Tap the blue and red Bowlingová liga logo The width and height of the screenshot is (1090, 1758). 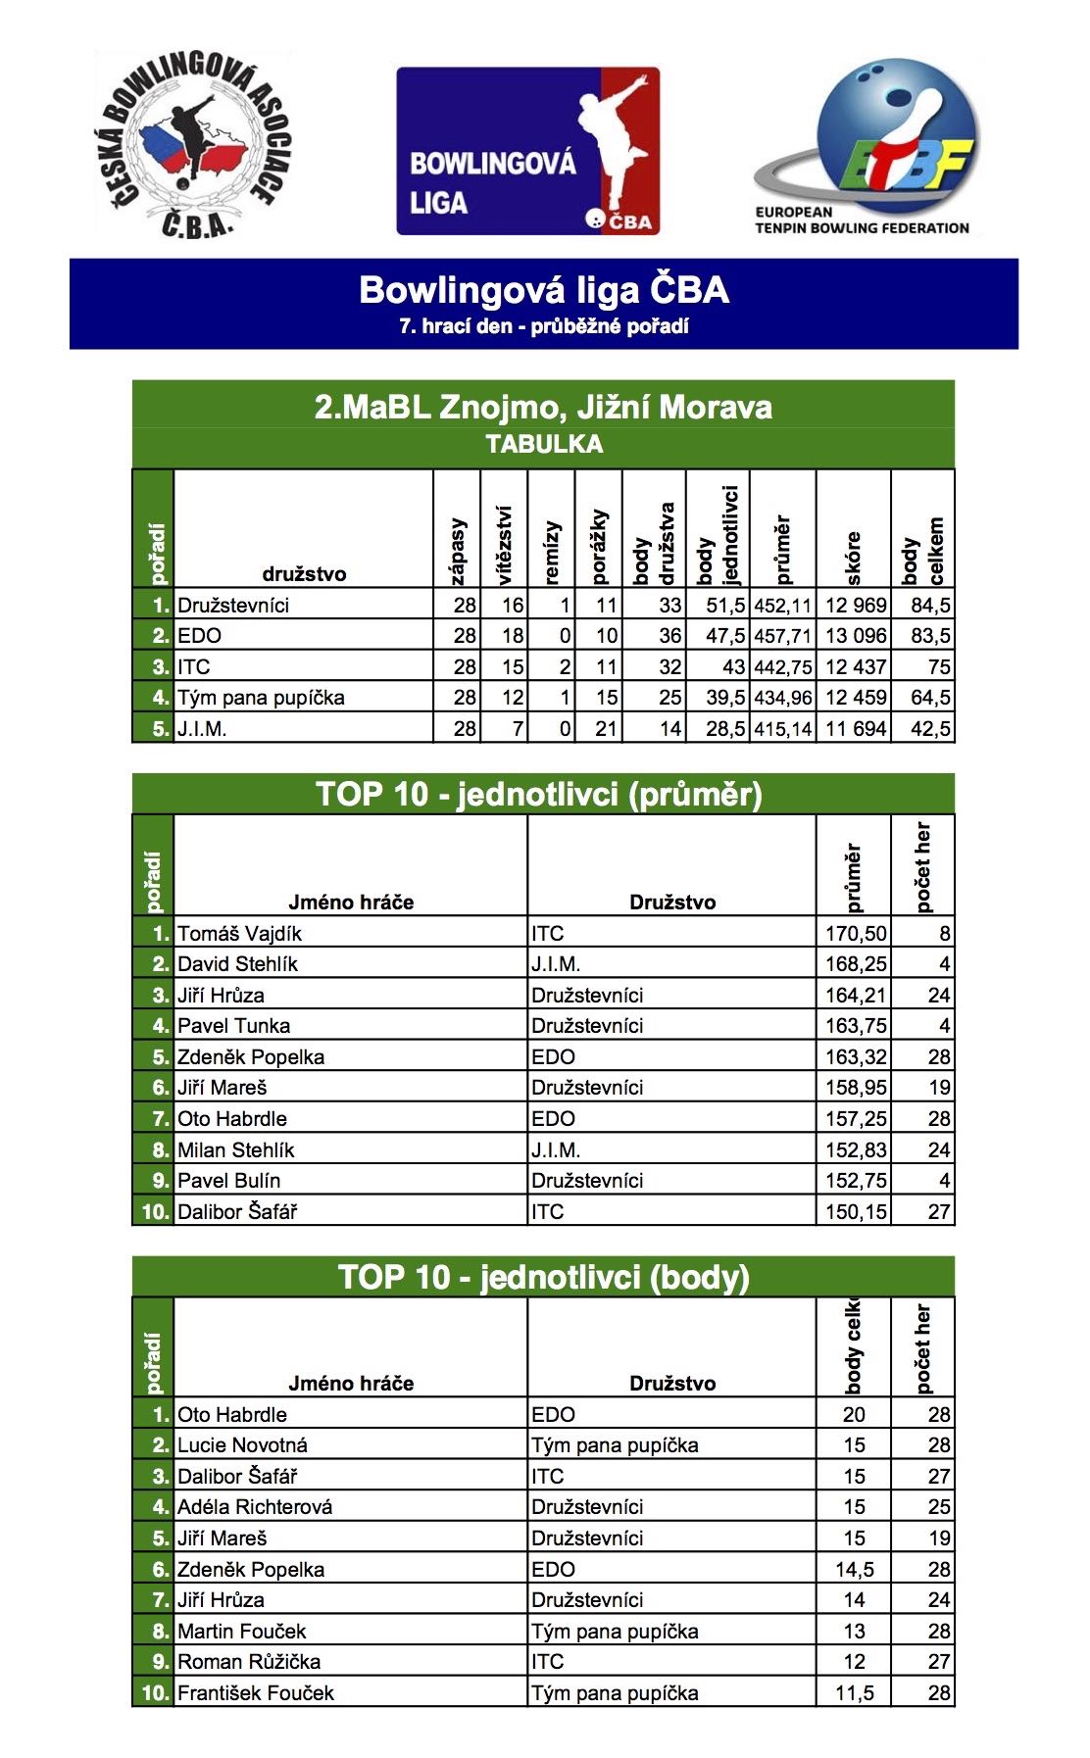tap(527, 151)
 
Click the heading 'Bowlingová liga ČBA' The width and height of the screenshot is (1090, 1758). tap(544, 290)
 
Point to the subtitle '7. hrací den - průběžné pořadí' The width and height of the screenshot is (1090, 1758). tap(544, 326)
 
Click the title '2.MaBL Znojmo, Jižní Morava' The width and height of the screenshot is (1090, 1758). tap(543, 406)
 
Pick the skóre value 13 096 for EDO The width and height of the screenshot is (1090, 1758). tap(855, 635)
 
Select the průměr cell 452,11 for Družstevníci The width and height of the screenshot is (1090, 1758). tap(782, 605)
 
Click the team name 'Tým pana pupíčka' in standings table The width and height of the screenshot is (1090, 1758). tap(261, 698)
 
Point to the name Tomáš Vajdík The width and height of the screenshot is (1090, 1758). tap(239, 933)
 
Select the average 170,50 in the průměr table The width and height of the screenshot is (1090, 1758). tap(855, 933)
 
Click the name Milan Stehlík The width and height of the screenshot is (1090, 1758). tap(235, 1149)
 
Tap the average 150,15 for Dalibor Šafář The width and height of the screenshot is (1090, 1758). tap(855, 1211)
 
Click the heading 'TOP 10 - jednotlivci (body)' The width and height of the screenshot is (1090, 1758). tap(543, 1277)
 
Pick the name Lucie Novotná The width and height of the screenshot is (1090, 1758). tap(242, 1444)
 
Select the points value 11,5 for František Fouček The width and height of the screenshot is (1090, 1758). tap(854, 1692)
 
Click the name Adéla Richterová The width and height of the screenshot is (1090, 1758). tap(255, 1506)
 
